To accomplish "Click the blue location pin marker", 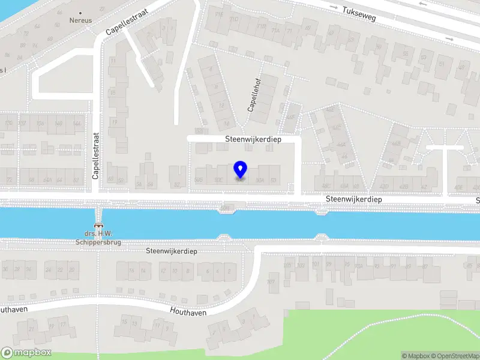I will pos(241,170).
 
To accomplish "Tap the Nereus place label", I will pos(81,19).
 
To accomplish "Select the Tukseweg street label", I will pos(359,14).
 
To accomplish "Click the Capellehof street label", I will pos(254,97).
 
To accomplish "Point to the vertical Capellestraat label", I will pos(95,156).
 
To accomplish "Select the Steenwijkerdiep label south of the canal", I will pos(172,251).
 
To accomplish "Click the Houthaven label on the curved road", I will pos(188,312).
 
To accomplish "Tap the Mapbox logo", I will pos(26,353).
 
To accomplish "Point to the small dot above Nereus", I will pos(81,11).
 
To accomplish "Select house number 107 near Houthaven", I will pos(271,281).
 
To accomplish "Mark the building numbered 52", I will pos(176,185).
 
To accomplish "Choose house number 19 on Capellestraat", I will pos(114,122).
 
